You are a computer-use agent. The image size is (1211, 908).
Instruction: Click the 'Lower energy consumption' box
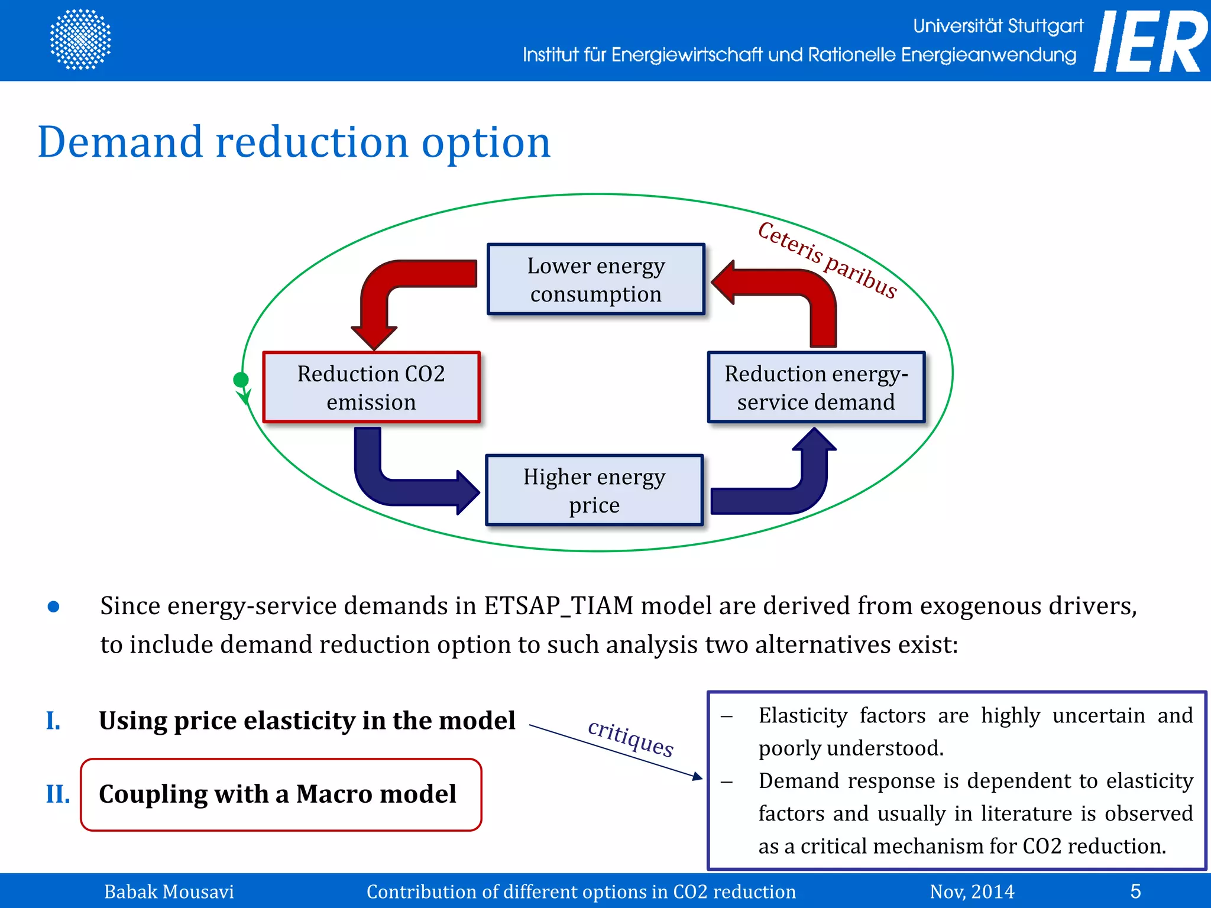pyautogui.click(x=596, y=279)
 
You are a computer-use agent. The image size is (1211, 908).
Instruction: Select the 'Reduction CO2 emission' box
pyautogui.click(x=371, y=387)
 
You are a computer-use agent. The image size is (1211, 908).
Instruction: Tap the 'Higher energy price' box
pyautogui.click(x=594, y=490)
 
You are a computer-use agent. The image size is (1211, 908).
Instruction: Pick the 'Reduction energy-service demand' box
pyautogui.click(x=816, y=387)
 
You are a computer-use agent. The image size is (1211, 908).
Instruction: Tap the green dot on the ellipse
pyautogui.click(x=241, y=380)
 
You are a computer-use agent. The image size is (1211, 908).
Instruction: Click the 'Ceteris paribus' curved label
pyautogui.click(x=828, y=260)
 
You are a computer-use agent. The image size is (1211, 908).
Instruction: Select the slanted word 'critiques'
pyautogui.click(x=630, y=738)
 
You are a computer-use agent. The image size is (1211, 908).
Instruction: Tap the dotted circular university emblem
pyautogui.click(x=80, y=39)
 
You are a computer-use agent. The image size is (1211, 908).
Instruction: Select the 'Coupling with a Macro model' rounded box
pyautogui.click(x=281, y=794)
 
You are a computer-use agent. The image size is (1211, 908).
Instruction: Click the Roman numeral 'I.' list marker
pyautogui.click(x=53, y=721)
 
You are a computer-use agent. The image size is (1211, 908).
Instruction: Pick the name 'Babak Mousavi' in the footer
pyautogui.click(x=169, y=891)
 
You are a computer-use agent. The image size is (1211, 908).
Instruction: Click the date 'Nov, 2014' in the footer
pyautogui.click(x=972, y=891)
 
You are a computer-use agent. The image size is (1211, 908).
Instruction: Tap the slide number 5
pyautogui.click(x=1135, y=891)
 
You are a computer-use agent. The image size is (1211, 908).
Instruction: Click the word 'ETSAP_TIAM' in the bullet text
pyautogui.click(x=558, y=607)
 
